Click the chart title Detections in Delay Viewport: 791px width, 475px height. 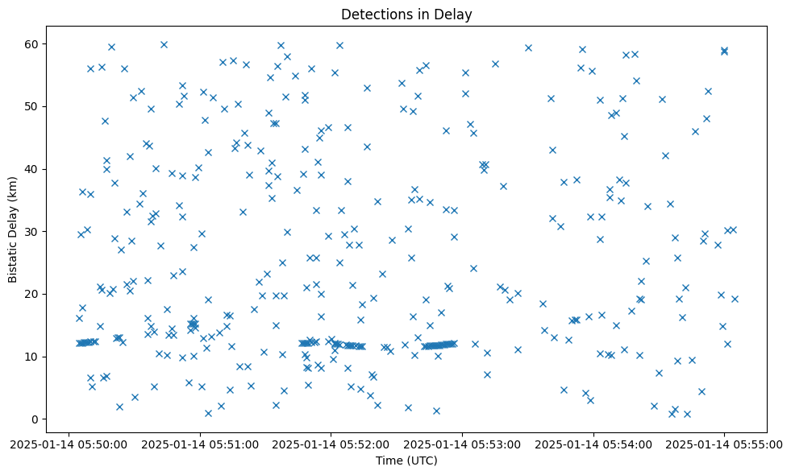point(406,14)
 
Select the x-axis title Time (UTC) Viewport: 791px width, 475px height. point(406,461)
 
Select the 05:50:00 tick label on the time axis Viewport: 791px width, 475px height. point(69,443)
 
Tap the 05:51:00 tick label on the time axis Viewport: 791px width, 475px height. point(200,443)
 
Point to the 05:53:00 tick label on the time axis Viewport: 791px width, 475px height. point(462,443)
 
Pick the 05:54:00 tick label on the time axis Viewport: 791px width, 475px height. point(593,443)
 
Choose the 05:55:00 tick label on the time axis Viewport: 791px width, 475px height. point(724,443)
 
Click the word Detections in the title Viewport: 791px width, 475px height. point(377,14)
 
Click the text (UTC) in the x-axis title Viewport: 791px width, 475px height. point(421,461)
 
